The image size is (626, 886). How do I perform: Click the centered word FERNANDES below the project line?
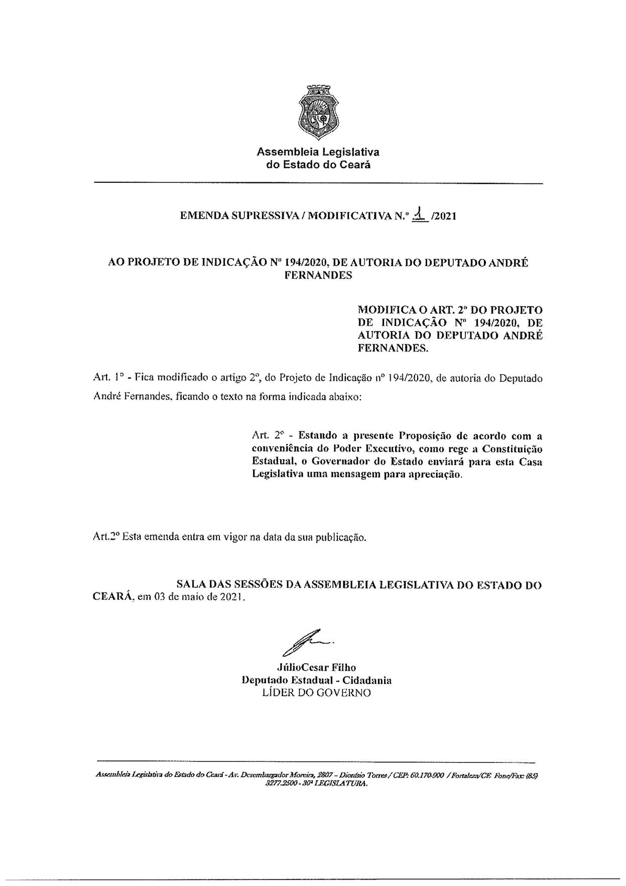pos(318,276)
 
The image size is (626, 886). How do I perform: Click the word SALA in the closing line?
pos(190,584)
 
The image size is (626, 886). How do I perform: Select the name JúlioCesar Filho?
pos(316,667)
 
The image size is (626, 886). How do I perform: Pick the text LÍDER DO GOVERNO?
pos(316,693)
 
